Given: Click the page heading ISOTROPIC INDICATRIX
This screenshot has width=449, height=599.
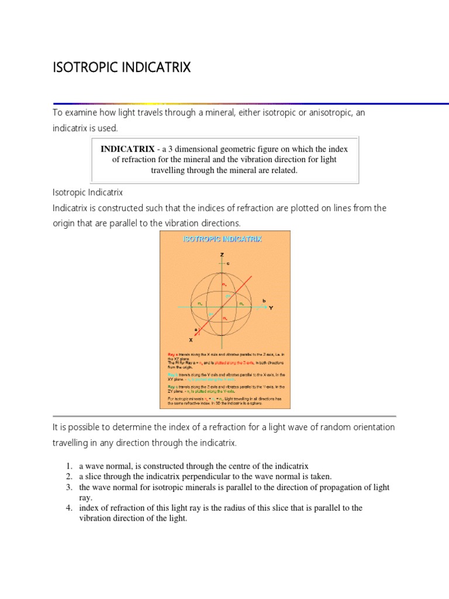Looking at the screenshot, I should click(122, 68).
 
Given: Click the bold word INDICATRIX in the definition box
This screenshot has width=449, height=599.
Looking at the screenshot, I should click(129, 149).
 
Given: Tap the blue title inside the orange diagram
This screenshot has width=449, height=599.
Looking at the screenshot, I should click(223, 239).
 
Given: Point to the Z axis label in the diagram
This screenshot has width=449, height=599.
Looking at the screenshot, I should click(222, 255).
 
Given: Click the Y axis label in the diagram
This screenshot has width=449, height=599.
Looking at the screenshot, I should click(271, 307).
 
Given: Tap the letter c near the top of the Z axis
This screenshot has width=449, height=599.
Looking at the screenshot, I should click(229, 264).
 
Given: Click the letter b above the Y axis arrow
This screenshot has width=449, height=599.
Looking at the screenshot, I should click(264, 299).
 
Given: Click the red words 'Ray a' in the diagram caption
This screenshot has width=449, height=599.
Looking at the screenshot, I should click(172, 354).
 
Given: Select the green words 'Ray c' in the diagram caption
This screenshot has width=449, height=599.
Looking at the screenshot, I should click(172, 387).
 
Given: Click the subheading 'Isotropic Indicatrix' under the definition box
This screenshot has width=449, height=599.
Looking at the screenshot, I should click(87, 192).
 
